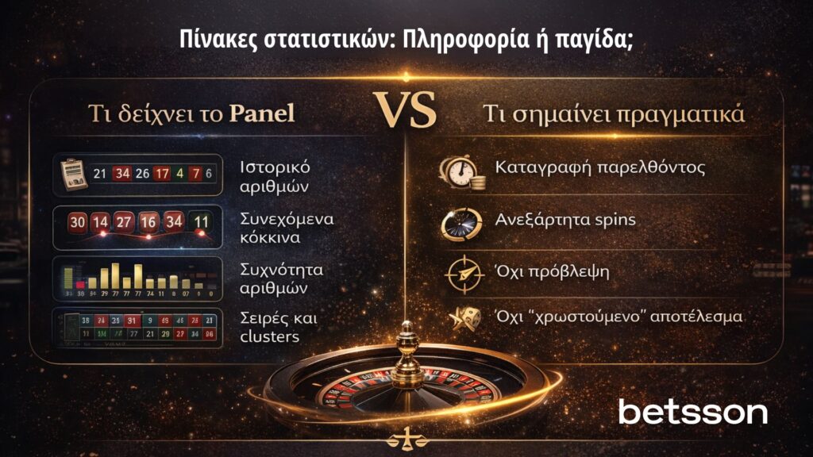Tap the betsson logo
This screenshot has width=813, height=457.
[692, 411]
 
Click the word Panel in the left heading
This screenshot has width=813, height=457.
[261, 113]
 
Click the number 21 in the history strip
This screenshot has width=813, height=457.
[100, 174]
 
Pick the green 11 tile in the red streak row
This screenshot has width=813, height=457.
[202, 223]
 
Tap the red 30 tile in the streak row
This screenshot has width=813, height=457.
[77, 223]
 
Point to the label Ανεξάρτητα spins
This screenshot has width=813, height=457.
[565, 219]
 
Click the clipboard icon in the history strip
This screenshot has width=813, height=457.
[72, 173]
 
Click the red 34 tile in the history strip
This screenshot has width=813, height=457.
[122, 174]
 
